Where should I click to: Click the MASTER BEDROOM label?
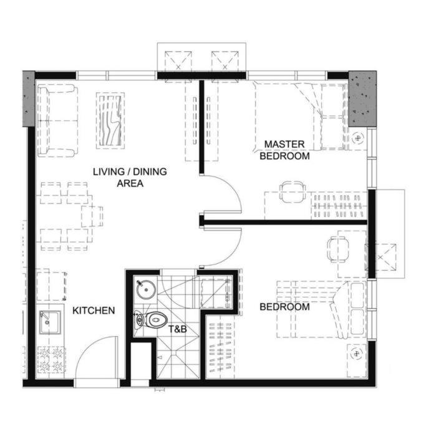click(x=284, y=150)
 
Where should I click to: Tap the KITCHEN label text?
click(x=94, y=311)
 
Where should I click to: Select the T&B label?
click(x=178, y=329)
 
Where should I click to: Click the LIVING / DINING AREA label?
click(x=130, y=177)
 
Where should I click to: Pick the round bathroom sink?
click(x=146, y=289)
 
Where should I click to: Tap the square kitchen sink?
click(x=49, y=322)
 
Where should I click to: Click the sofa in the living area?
click(x=57, y=120)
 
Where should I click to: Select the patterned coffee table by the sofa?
click(x=110, y=120)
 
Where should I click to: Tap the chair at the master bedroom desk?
click(x=293, y=192)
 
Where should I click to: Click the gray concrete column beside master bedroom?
click(x=362, y=99)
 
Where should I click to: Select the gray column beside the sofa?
click(x=29, y=99)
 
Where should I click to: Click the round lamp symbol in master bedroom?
click(x=358, y=138)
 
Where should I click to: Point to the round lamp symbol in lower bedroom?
click(x=356, y=354)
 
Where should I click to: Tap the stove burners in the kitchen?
click(x=51, y=360)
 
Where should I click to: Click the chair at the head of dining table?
click(x=92, y=216)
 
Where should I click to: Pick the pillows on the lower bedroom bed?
click(x=357, y=309)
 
